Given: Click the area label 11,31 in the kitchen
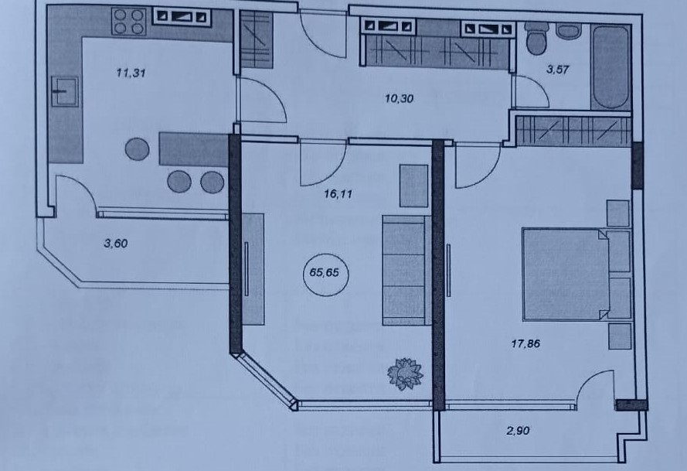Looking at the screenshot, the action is click(131, 73).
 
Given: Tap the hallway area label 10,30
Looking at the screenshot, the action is click(400, 99).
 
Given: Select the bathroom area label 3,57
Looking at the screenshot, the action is click(558, 70).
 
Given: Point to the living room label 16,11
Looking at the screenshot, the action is click(338, 194).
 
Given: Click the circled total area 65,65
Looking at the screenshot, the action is click(325, 273).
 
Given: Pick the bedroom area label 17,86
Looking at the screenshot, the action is click(525, 344).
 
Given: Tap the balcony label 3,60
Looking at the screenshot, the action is click(116, 244).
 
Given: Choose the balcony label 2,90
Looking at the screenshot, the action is click(518, 431).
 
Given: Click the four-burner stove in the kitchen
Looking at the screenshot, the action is click(129, 22).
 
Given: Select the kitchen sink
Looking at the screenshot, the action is click(65, 91).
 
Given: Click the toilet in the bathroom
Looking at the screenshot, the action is click(536, 38).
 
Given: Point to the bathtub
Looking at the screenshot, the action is click(610, 67).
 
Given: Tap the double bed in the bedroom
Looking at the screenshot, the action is click(565, 274).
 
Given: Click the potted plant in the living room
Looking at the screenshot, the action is click(405, 374).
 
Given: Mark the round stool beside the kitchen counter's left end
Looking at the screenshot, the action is click(137, 149).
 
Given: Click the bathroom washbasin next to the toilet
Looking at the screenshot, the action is click(568, 31).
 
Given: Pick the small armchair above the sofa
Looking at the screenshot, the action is click(413, 186).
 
